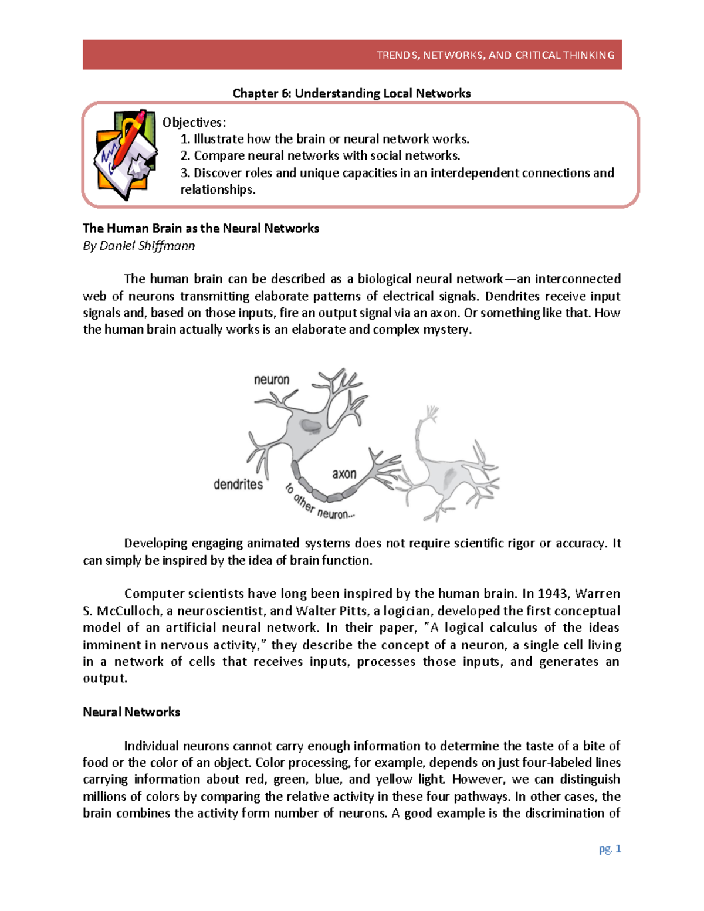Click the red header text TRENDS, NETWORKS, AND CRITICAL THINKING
tap(495, 55)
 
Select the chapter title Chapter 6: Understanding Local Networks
tap(351, 93)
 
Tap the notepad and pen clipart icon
tap(126, 154)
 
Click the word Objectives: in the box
tap(194, 122)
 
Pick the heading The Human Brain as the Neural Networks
tap(201, 228)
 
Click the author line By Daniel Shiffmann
tap(138, 246)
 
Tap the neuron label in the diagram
tap(271, 380)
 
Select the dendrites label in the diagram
tap(238, 485)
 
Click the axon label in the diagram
tap(344, 473)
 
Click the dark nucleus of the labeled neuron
tap(309, 425)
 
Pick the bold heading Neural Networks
tap(131, 712)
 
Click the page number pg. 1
tap(610, 849)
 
